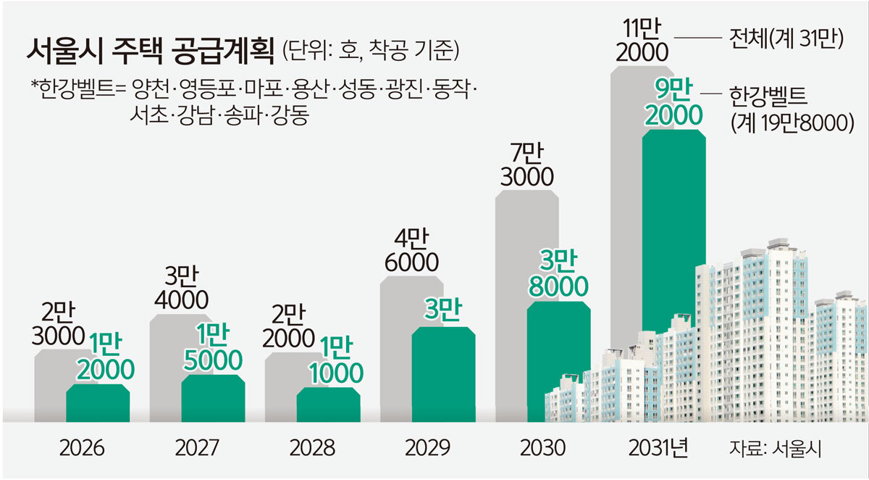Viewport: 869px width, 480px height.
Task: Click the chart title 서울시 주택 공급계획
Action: click(x=151, y=51)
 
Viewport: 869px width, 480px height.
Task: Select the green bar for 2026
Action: click(x=98, y=405)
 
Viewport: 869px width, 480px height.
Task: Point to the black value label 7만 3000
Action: click(x=526, y=165)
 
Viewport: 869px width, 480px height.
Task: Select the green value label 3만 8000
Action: click(x=558, y=273)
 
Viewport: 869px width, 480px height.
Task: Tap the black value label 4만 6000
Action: click(x=410, y=249)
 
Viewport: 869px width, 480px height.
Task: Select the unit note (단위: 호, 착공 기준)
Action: click(x=371, y=52)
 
